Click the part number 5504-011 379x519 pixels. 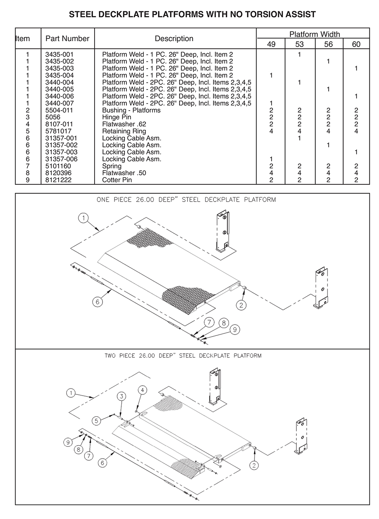coord(59,110)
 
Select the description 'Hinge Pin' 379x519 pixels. coord(116,117)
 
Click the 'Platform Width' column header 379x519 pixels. coord(314,34)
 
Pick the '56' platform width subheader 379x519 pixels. coord(328,44)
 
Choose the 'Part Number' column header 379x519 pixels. coord(67,39)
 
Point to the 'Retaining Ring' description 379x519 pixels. coord(124,131)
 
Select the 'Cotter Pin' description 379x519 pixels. coord(117,180)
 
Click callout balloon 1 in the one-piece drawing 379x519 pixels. coord(83,218)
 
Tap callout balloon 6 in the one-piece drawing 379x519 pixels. coord(98,302)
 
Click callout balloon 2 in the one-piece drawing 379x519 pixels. coord(241,305)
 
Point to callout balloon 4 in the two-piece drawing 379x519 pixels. coord(142,390)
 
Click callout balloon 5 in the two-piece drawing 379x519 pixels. coord(96,420)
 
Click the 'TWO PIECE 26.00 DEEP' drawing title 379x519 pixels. coord(183,355)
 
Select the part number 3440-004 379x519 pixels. coord(59,82)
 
